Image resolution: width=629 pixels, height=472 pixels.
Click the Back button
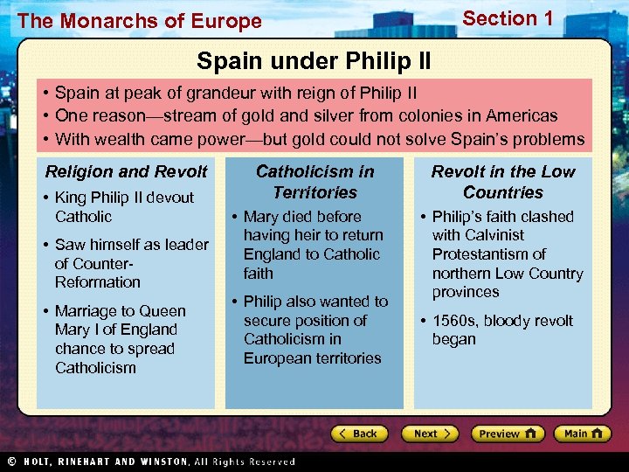(360, 434)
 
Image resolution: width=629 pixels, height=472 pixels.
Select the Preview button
(507, 434)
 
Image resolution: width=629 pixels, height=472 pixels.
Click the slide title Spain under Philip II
(313, 61)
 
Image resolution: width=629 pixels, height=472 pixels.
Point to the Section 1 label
(508, 18)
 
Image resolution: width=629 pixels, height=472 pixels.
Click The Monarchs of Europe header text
(139, 21)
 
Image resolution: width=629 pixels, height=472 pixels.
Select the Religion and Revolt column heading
(127, 172)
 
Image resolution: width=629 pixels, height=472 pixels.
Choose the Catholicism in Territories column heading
(314, 182)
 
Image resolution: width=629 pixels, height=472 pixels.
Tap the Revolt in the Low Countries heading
(503, 182)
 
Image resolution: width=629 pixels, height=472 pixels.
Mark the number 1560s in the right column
(454, 321)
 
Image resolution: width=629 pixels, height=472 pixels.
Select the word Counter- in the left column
(92, 263)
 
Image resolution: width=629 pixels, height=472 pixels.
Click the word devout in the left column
(170, 198)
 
